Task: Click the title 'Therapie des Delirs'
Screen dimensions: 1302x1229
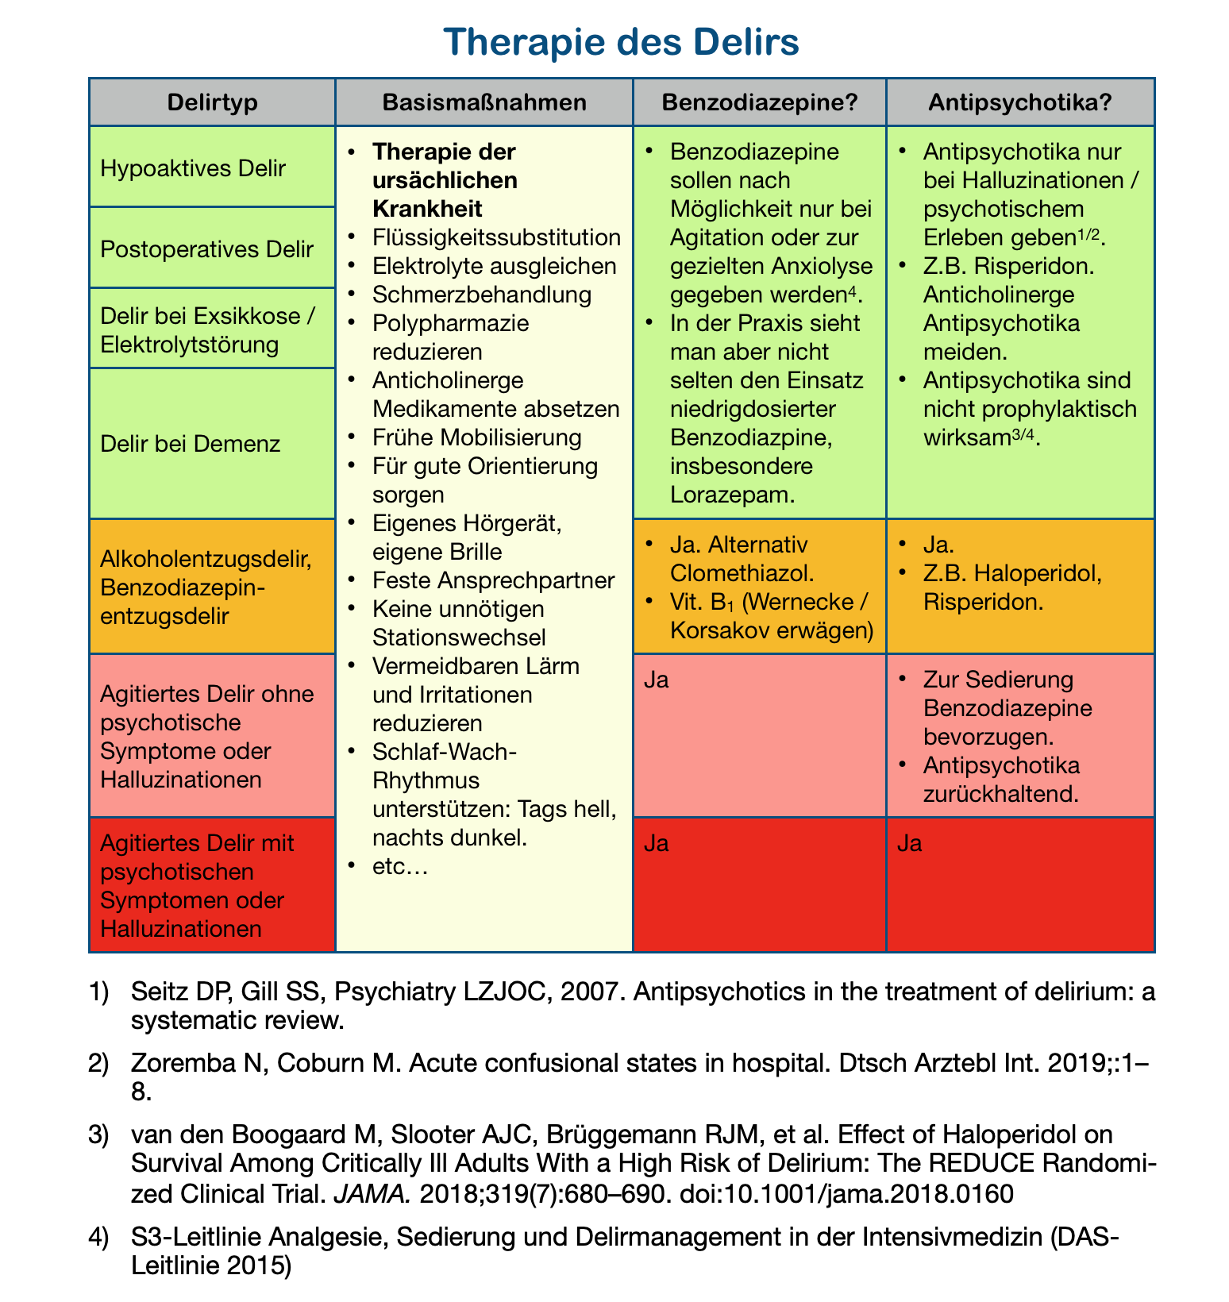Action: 621,42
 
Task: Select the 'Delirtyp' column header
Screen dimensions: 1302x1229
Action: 212,102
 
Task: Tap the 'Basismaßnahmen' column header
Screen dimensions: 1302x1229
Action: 484,102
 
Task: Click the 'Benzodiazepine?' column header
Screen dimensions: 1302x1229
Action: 759,102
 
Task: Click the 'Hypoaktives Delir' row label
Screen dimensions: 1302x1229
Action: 193,168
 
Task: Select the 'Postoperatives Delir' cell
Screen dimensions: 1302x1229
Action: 207,249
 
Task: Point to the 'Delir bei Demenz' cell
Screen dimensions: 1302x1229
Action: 191,443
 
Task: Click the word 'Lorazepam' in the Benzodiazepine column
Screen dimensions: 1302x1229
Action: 731,495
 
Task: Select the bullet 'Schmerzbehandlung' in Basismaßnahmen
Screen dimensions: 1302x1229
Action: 481,295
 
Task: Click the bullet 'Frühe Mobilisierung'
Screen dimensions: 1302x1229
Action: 476,437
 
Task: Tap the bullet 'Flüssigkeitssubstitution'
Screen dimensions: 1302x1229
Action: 495,237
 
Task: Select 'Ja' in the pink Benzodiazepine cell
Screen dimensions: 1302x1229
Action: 655,681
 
